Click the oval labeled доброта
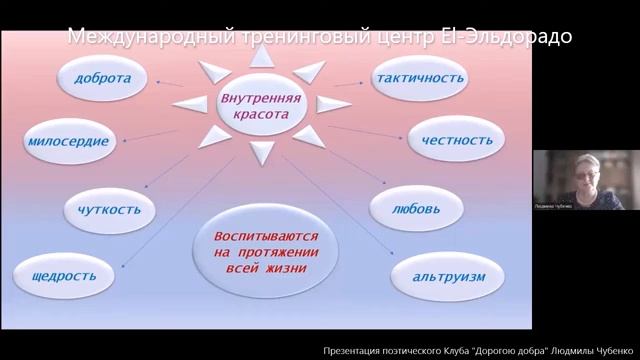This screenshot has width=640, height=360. click(x=110, y=78)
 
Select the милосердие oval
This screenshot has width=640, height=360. click(x=69, y=141)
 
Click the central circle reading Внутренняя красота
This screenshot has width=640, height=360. click(x=261, y=106)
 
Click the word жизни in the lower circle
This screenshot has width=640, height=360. click(x=286, y=269)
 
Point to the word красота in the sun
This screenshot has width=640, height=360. click(x=261, y=115)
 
